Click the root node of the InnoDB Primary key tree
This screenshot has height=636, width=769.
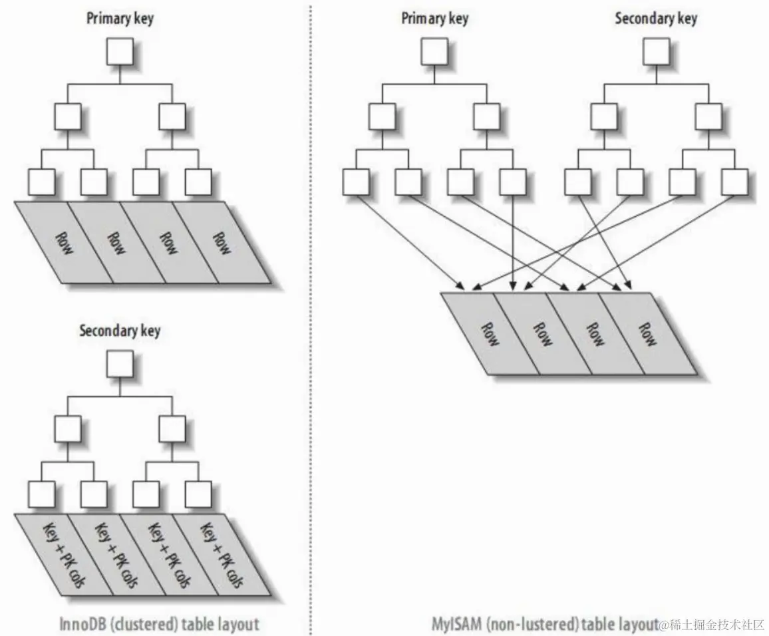[120, 51]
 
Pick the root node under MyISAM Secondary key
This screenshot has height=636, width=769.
[656, 51]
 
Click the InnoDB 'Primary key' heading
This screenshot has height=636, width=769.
[120, 17]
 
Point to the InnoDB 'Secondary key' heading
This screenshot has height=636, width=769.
[120, 331]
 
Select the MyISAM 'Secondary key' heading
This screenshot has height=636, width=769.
[656, 18]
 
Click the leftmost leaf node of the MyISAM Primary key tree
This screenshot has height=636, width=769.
[356, 182]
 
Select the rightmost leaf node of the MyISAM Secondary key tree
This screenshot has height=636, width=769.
[734, 182]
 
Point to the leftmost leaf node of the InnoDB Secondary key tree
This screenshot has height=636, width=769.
[41, 494]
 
